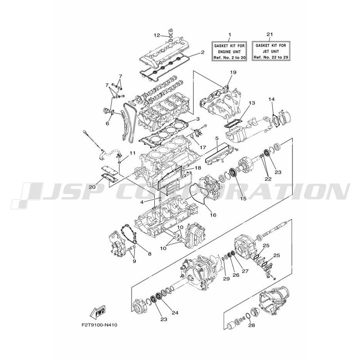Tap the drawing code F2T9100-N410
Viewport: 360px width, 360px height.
coord(99,325)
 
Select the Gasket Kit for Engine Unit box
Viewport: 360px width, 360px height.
coord(229,51)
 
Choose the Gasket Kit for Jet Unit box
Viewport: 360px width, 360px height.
coord(271,51)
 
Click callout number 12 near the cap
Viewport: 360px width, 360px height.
coord(157,35)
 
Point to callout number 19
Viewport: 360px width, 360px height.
coord(233,72)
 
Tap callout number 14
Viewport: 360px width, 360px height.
coord(271,99)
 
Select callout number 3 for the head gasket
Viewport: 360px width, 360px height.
coord(198,119)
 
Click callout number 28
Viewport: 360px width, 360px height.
coord(252,325)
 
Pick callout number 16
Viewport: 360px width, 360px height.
coord(213,215)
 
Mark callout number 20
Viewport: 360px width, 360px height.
coord(92,187)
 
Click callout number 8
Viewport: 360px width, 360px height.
coord(150,254)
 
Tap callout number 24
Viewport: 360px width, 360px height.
coord(175,312)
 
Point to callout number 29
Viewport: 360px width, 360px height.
coord(226,279)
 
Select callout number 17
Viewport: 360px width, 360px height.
coord(203,147)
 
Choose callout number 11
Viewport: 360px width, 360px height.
coord(132,153)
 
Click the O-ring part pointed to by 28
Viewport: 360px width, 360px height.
coord(248,316)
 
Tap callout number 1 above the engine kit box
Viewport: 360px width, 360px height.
coord(229,35)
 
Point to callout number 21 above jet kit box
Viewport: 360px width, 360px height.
coord(270,34)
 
